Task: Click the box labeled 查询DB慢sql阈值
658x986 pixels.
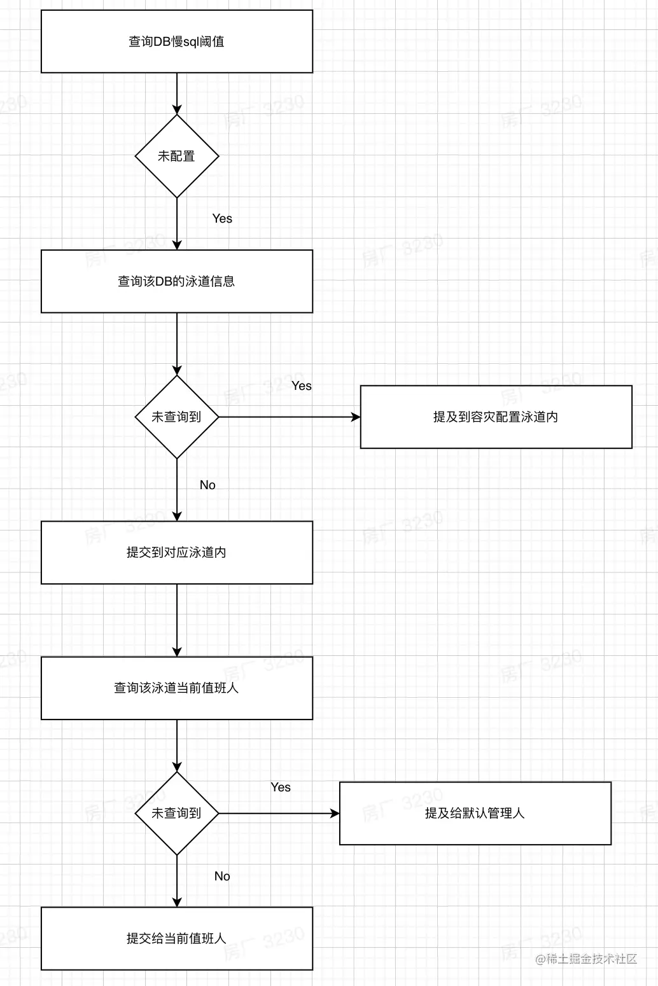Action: pos(177,41)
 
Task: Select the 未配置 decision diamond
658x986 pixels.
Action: pos(177,156)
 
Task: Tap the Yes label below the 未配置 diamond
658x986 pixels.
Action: pos(222,218)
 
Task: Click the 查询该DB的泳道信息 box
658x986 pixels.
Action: pos(177,281)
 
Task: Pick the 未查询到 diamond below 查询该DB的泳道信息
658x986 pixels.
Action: pos(177,417)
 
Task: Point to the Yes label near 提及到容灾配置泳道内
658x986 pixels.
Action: pos(302,385)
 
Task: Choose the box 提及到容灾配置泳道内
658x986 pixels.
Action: pos(496,417)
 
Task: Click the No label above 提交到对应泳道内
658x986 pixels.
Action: pos(207,485)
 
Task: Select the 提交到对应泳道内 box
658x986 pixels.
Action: pos(177,552)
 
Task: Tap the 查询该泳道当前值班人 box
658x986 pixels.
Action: pos(177,688)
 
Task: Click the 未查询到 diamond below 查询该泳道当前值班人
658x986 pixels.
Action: pos(177,813)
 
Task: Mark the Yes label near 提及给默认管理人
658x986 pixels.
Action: pos(281,787)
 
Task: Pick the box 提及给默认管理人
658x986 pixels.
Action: pos(475,813)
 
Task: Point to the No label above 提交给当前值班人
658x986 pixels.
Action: pos(222,876)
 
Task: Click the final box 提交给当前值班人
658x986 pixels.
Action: pos(177,938)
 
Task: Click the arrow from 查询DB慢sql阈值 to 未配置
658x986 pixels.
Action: pos(177,94)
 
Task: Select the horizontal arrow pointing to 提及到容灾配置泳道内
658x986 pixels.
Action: pos(290,417)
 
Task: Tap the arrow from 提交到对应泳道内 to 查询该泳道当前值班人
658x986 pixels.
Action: pos(177,620)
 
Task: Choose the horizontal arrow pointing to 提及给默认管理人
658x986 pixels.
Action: pos(279,814)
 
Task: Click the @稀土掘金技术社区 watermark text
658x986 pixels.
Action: pos(586,959)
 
